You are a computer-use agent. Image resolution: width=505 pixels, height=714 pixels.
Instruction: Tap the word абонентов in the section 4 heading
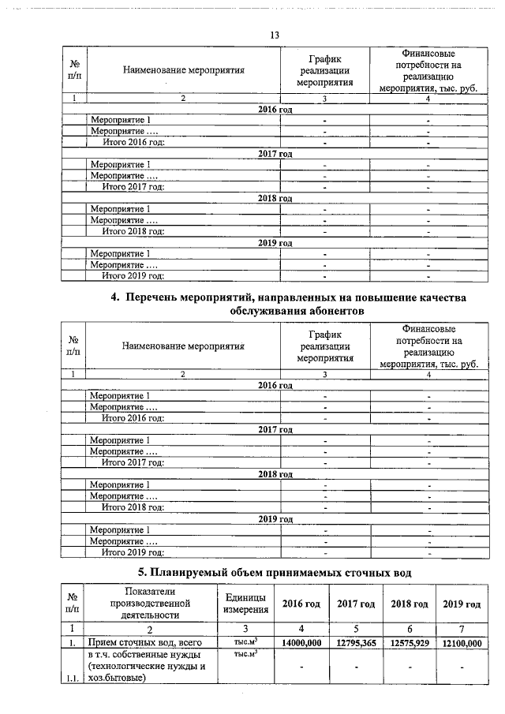point(331,312)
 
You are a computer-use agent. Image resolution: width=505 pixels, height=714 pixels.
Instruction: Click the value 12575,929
point(409,644)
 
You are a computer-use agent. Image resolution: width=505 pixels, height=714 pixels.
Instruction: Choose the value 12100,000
point(462,644)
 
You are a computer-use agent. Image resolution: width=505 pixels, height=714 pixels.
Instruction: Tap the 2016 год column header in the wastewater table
point(301,604)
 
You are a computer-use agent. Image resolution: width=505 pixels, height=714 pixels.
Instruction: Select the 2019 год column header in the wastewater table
point(462,604)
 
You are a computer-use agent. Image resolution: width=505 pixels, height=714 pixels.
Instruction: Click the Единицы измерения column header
point(246,604)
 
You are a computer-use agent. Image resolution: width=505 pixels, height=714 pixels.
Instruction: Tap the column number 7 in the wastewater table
point(462,629)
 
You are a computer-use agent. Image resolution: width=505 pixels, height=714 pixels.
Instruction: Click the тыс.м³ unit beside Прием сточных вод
point(246,643)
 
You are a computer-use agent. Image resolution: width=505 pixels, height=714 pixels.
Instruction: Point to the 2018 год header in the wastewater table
point(409,604)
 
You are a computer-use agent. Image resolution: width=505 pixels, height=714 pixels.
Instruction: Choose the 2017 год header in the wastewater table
point(356,604)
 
